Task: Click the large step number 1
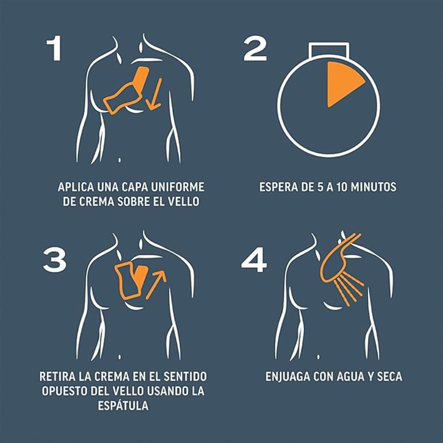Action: [x=54, y=48]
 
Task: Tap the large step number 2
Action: [x=255, y=49]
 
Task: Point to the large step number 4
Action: [x=254, y=260]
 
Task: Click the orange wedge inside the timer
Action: [x=342, y=82]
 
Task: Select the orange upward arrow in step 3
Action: [x=155, y=284]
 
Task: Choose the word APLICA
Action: [x=76, y=187]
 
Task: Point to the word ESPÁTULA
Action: [x=123, y=405]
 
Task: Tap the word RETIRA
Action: [x=57, y=377]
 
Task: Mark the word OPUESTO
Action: [x=64, y=391]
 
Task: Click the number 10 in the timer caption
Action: [x=342, y=187]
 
